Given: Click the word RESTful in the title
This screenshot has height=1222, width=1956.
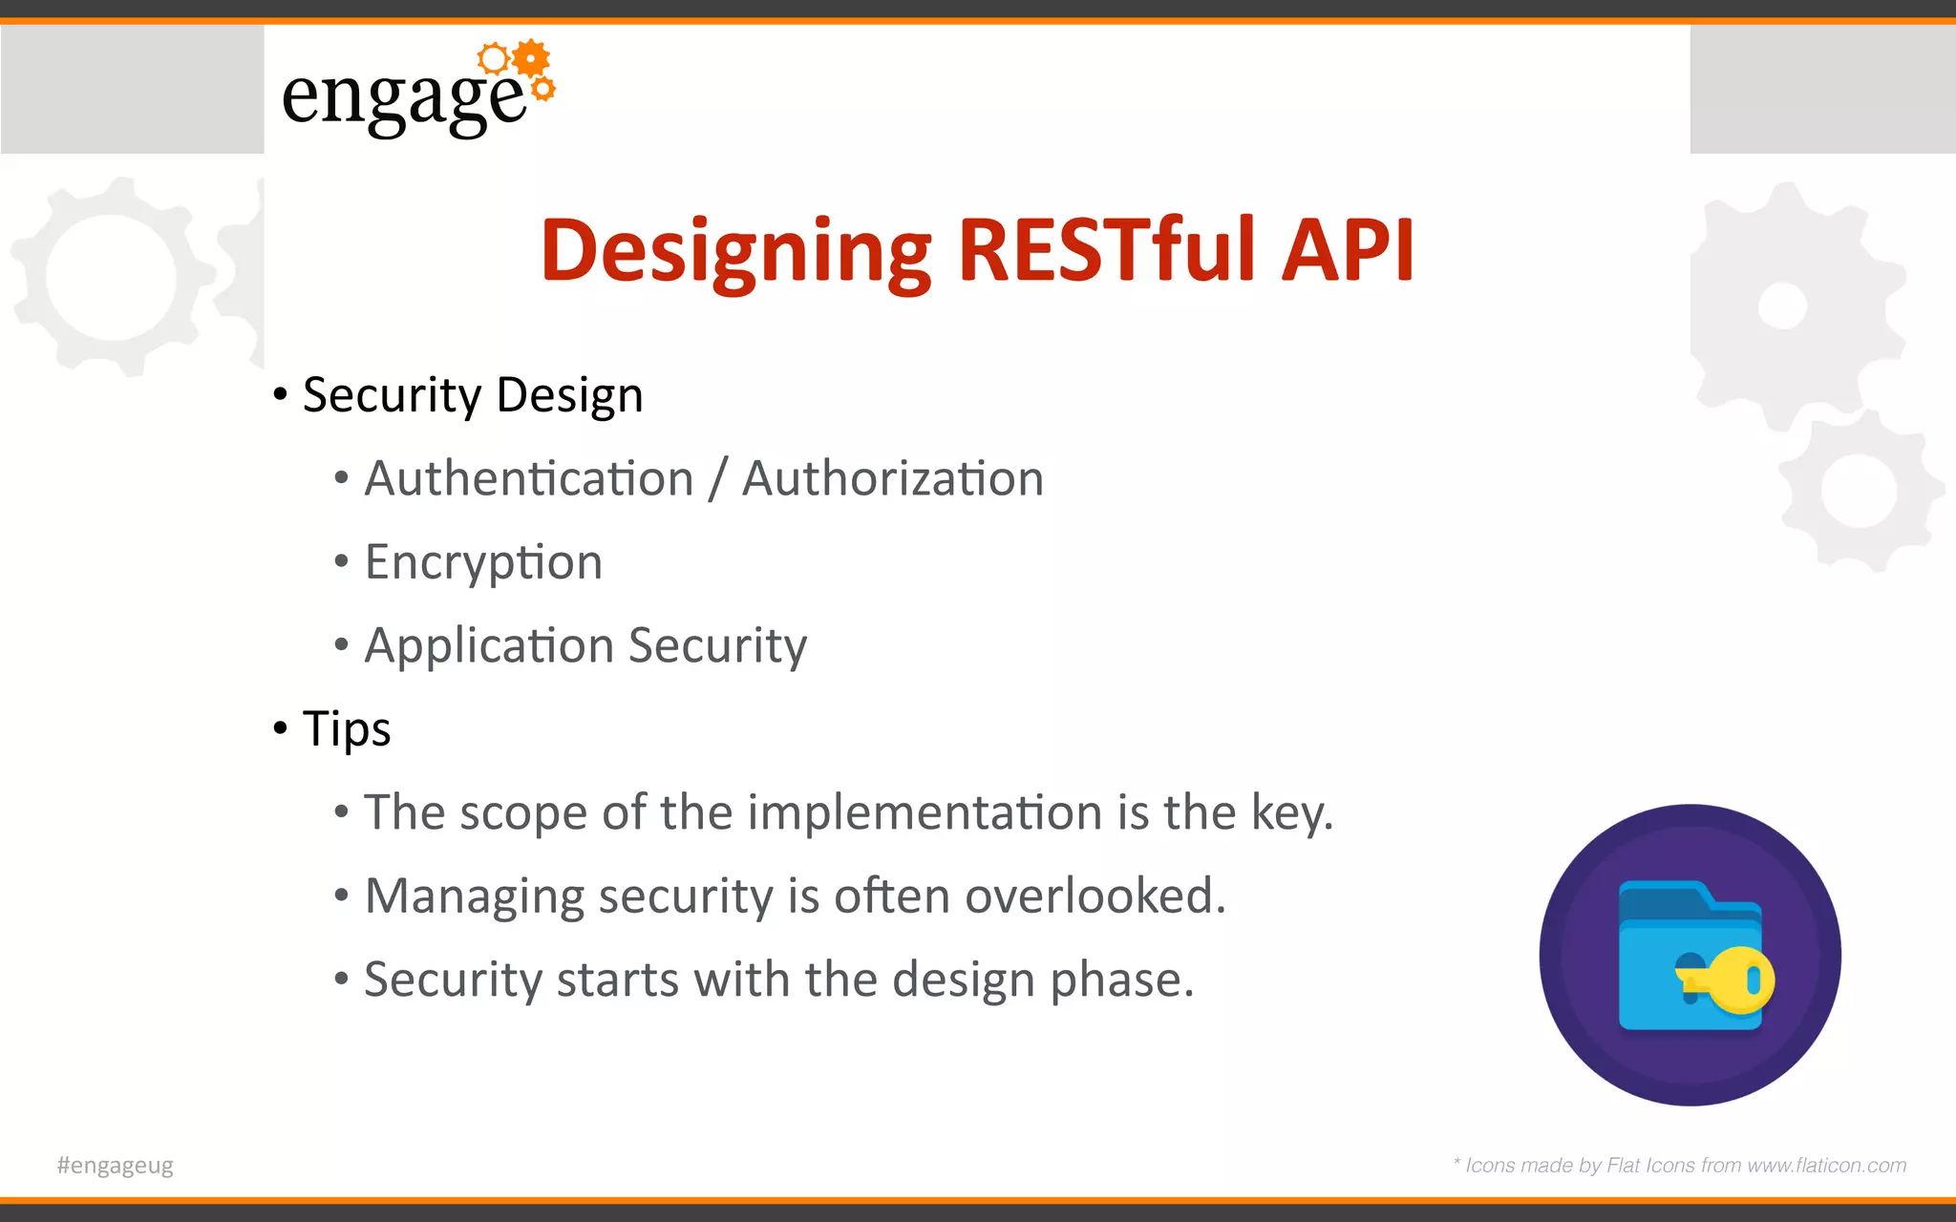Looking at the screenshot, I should point(1107,250).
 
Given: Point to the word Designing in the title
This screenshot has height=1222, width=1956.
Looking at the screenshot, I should point(735,252).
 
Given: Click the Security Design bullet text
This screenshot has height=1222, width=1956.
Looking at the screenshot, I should point(473,395).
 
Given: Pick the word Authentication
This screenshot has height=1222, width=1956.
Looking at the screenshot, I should point(528,478).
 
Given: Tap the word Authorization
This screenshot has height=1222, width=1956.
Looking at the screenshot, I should point(893,478).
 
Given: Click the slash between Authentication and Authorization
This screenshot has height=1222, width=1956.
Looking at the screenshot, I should point(717,479).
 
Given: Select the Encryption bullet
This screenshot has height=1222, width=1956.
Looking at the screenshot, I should point(483,562).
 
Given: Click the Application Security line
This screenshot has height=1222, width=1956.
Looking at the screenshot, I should point(585,646).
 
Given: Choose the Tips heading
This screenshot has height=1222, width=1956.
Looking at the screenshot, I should point(346,729).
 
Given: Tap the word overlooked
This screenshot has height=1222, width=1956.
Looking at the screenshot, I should point(1095,896).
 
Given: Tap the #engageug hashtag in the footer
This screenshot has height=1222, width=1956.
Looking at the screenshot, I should point(116,1166).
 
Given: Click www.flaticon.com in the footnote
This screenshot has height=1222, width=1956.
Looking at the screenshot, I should point(1826,1166).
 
